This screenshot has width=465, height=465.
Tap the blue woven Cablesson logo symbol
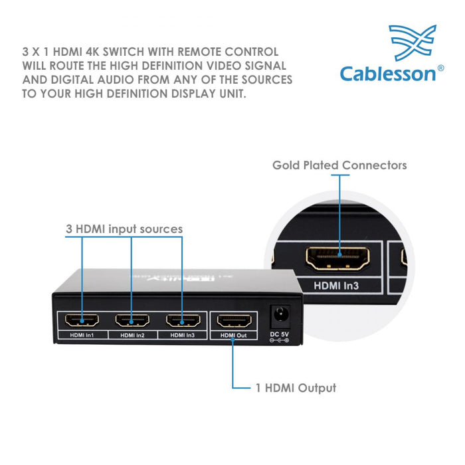pyautogui.click(x=413, y=43)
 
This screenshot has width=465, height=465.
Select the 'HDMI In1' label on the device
pyautogui.click(x=82, y=335)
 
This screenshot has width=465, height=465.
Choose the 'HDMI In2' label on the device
pyautogui.click(x=132, y=335)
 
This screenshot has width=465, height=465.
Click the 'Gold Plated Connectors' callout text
pyautogui.click(x=339, y=165)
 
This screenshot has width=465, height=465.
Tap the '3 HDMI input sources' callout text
pyautogui.click(x=124, y=229)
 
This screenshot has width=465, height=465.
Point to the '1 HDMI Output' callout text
pyautogui.click(x=296, y=387)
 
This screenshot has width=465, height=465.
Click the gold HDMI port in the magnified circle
pyautogui.click(x=338, y=259)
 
